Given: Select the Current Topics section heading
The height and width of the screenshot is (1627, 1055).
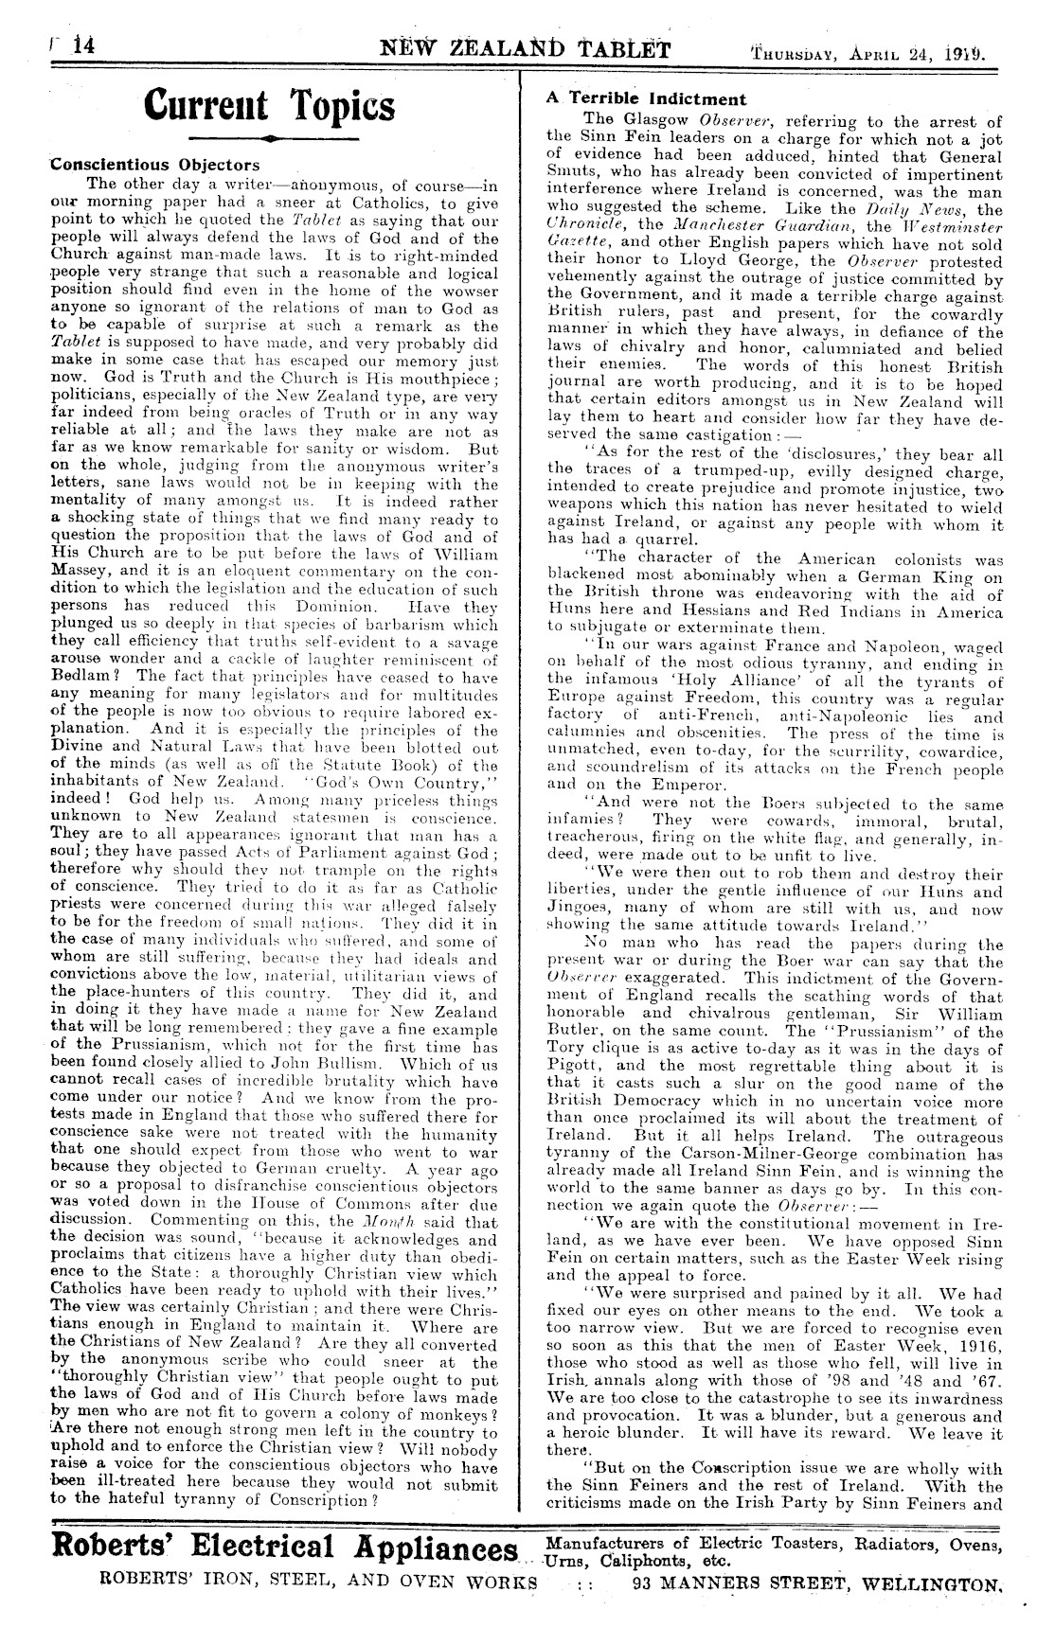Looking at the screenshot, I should point(271,106).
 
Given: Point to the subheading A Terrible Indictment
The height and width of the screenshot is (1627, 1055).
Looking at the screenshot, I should point(647,99).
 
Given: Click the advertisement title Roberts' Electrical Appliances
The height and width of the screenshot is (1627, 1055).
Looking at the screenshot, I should point(287,1548).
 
